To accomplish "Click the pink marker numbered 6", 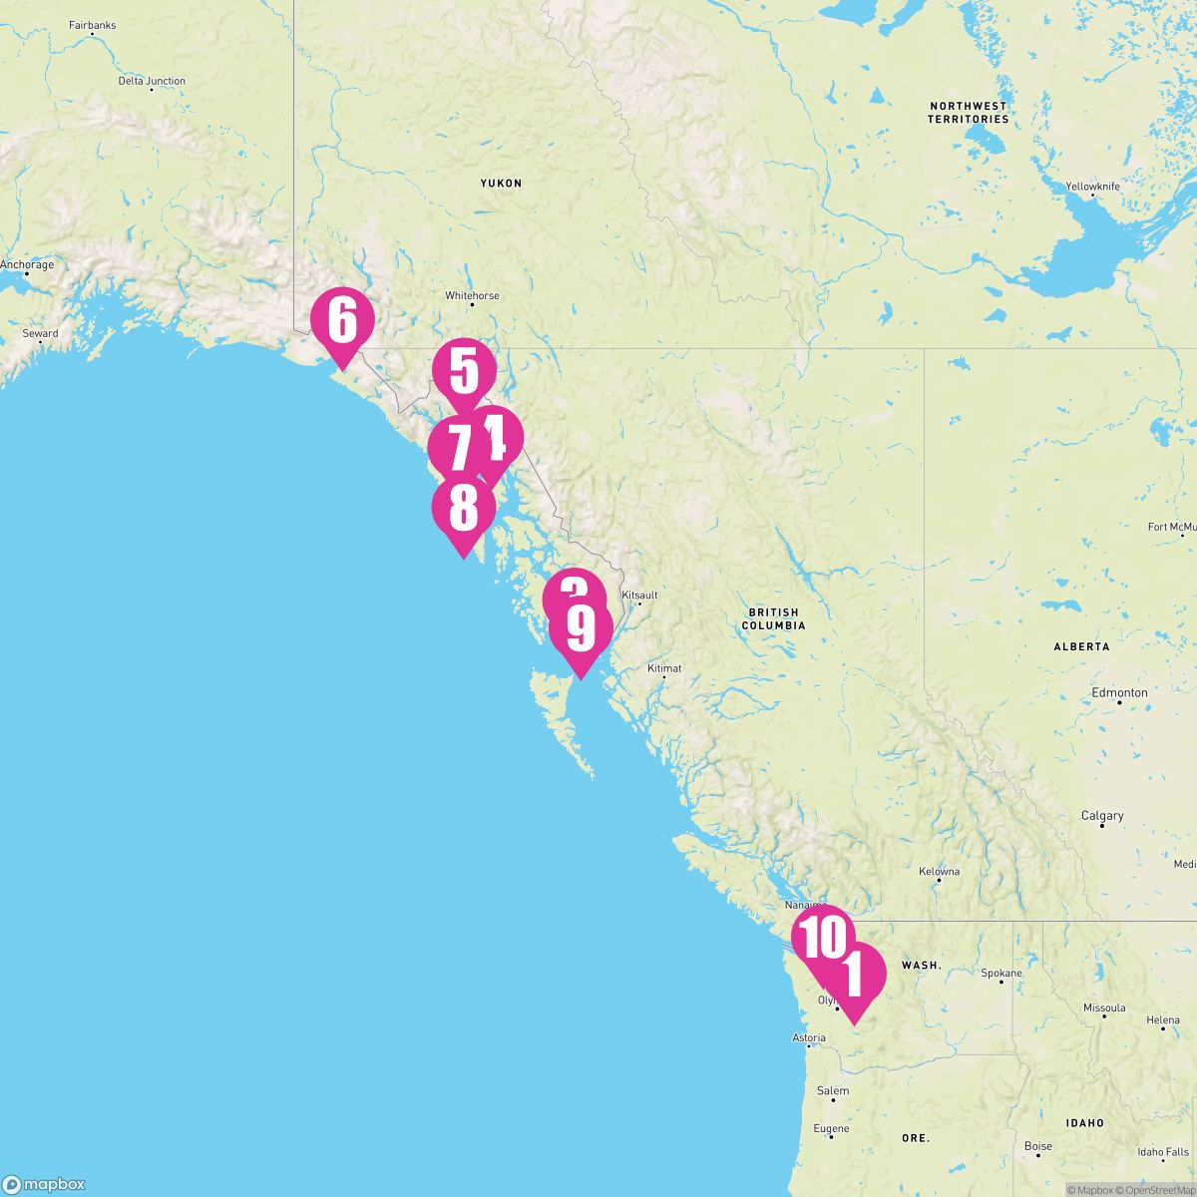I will pos(342,321).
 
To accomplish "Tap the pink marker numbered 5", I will pos(464,370).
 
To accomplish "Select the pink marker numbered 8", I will pos(463,509).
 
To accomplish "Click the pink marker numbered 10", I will pos(823,938).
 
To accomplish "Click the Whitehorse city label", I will pos(472,296).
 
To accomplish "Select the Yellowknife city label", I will pos(1092,187).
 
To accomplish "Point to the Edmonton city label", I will pos(1119,692).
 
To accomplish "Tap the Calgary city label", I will pos(1102,816).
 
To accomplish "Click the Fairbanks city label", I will pos(92,25).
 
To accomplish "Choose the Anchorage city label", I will pos(27,265).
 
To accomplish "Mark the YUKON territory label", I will pos(501,184).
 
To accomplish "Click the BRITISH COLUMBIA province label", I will pos(772,618).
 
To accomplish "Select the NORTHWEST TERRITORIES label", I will pos(968,112).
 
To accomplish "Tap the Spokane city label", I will pos(1001,974).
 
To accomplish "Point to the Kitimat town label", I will pos(664,668).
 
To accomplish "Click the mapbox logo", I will pos(45,1184).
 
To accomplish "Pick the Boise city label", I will pos(1037,1146).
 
